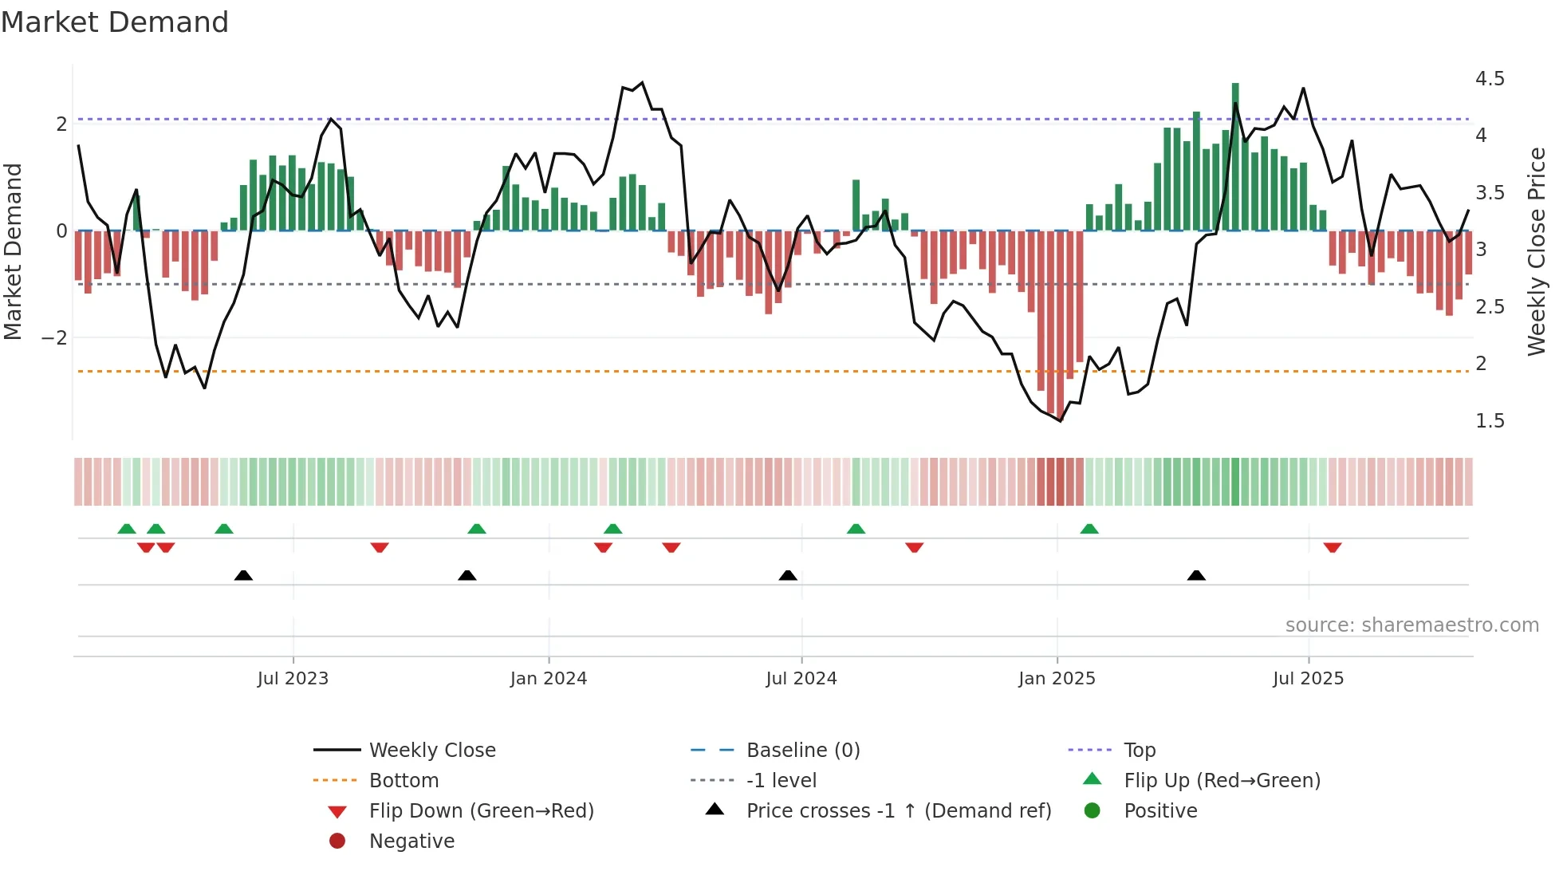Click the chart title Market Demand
(115, 22)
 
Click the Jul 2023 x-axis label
(293, 679)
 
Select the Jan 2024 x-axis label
(549, 679)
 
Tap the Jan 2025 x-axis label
(1057, 679)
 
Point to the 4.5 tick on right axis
(1489, 79)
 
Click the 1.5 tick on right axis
(1489, 421)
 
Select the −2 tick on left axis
(54, 338)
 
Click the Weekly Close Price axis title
(1537, 251)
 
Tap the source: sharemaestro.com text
(1411, 625)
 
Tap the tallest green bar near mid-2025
(1235, 156)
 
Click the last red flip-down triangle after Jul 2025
(1333, 547)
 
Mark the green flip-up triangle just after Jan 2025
(1089, 529)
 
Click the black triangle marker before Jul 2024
(788, 575)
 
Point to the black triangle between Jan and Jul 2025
(1196, 575)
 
